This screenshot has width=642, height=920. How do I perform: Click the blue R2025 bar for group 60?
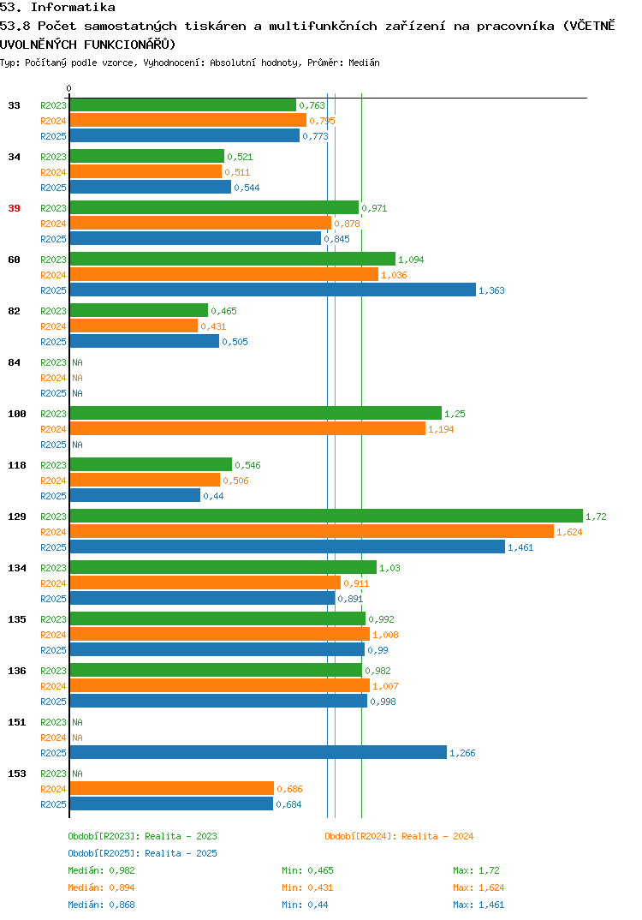(272, 290)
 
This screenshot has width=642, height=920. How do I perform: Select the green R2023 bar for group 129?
(326, 516)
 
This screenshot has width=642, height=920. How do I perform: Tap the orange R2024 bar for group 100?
(247, 429)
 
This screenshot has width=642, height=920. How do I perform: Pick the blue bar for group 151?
(258, 752)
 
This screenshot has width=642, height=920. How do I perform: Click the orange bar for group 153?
(172, 789)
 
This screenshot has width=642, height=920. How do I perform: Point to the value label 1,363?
(491, 290)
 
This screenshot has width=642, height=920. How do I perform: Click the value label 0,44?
(213, 496)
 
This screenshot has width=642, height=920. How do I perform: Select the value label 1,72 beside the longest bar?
(596, 517)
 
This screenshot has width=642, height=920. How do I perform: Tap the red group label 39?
(14, 208)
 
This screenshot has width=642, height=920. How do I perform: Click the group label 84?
(14, 362)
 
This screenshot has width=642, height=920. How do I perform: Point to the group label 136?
(17, 671)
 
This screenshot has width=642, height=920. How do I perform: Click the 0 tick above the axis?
(68, 88)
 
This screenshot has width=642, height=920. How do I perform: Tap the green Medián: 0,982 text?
(101, 870)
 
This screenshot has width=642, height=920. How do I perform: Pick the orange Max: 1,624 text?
(479, 887)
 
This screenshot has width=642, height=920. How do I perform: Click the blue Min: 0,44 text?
(305, 905)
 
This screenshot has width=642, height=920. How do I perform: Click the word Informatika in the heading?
(73, 7)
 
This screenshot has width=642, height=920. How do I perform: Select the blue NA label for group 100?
(77, 445)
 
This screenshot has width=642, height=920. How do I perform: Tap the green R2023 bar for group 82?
(139, 310)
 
